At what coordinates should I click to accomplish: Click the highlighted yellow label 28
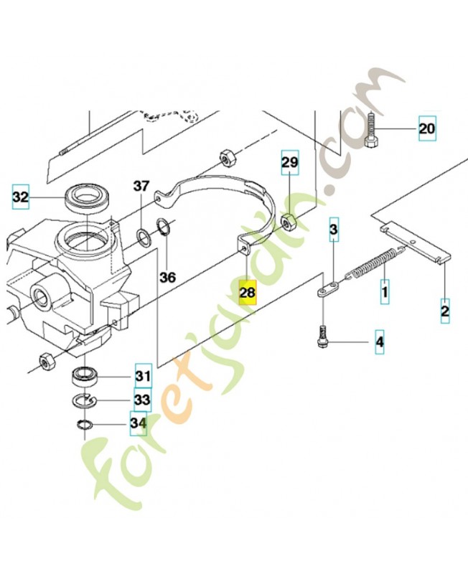click(248, 292)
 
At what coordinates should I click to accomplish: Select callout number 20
click(427, 129)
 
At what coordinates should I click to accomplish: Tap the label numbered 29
click(289, 164)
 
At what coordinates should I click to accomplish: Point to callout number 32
click(22, 196)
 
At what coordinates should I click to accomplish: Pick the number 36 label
click(167, 277)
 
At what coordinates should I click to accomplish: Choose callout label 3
click(334, 230)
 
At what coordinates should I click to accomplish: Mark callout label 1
click(385, 293)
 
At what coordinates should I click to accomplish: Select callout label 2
click(445, 311)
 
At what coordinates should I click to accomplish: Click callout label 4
click(380, 343)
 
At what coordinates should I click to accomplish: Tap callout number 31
click(141, 375)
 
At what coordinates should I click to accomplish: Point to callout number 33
click(141, 400)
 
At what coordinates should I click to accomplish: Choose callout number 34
click(138, 425)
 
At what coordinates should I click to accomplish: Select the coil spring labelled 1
click(373, 263)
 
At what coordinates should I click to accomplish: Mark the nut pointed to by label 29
click(288, 221)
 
